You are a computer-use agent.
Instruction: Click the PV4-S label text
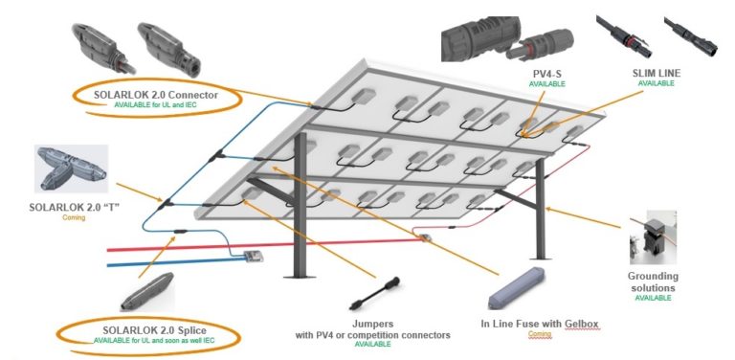point(547,74)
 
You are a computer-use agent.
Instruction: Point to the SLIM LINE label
point(657,73)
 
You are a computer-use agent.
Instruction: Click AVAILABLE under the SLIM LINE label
point(657,84)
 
